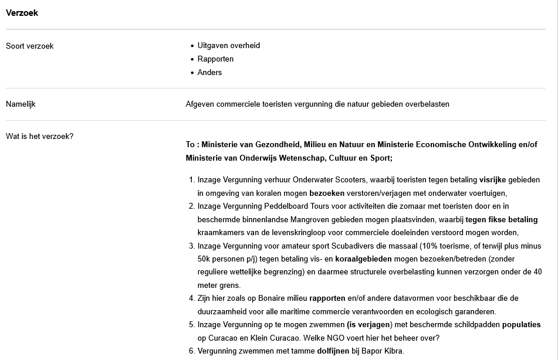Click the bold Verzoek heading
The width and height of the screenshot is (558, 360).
point(22,13)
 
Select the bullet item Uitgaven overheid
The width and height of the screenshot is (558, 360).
point(228,46)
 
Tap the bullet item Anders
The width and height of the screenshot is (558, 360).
point(209,73)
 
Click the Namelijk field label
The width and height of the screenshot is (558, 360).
point(21,104)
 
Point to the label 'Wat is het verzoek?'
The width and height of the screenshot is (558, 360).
point(39,137)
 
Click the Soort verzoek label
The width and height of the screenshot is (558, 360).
point(29,46)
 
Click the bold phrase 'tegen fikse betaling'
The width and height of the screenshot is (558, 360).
point(501,220)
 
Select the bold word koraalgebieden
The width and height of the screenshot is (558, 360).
point(364,259)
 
